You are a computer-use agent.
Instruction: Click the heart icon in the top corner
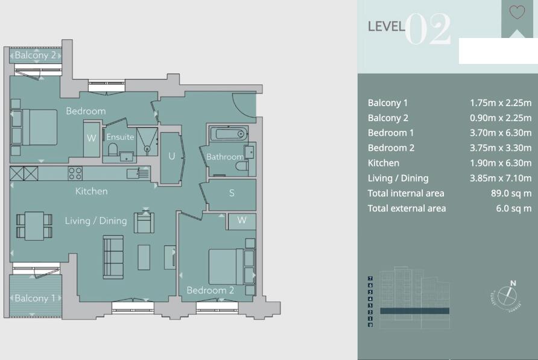pos(517,12)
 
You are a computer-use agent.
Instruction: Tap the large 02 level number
pos(428,29)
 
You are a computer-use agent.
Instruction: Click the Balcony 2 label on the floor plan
pos(35,55)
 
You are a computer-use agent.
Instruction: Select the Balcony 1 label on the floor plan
pos(34,298)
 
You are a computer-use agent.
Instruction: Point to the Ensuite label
pos(120,137)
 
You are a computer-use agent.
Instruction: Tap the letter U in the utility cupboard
pos(172,156)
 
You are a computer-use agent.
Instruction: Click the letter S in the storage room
pos(231,194)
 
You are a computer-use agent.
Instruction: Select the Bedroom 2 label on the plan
pos(210,291)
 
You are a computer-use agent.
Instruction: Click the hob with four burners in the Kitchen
pos(75,174)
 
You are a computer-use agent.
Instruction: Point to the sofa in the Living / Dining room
pos(113,256)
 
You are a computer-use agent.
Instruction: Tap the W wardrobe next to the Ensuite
pos(91,138)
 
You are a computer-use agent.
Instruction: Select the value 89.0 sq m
pos(510,194)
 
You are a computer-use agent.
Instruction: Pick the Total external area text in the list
pos(407,209)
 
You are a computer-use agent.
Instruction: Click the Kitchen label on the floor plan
pos(91,191)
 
